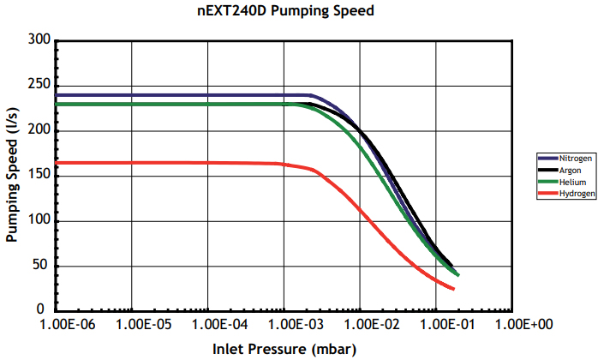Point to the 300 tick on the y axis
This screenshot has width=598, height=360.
click(x=38, y=40)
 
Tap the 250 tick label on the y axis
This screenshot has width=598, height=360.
click(x=38, y=86)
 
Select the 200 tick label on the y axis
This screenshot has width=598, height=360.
click(x=38, y=130)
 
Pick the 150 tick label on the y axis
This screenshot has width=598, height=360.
click(x=38, y=176)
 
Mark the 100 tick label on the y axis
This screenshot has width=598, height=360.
click(x=38, y=220)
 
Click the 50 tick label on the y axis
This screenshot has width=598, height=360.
click(x=41, y=266)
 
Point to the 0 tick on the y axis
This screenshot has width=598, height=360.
click(x=45, y=310)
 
